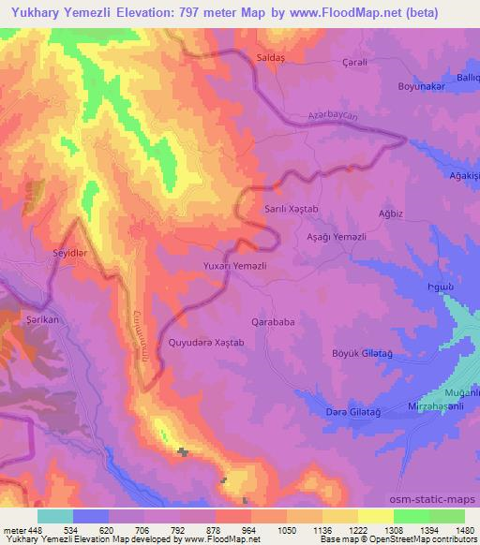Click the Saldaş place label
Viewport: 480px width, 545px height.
coord(270,57)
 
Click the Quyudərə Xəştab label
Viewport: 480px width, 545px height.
coord(205,343)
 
